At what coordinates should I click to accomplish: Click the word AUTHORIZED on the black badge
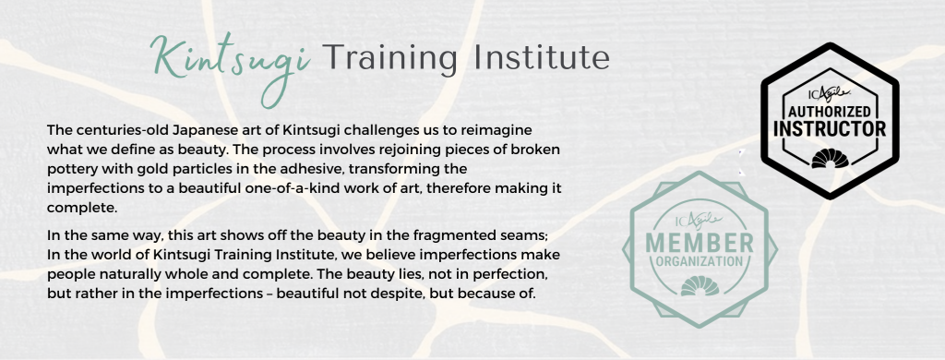[x=830, y=113]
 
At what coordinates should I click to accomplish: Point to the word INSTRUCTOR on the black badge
[x=830, y=129]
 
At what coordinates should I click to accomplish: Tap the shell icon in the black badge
[x=830, y=158]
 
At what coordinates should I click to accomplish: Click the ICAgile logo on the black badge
[x=830, y=93]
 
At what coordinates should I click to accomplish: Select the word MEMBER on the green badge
[x=700, y=243]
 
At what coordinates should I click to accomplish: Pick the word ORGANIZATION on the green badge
[x=700, y=262]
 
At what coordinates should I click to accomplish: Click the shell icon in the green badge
[x=700, y=286]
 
